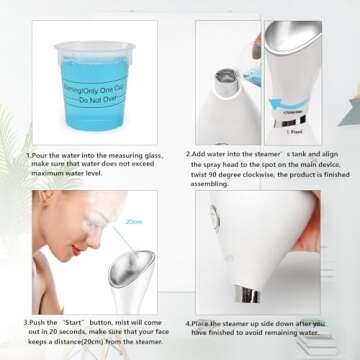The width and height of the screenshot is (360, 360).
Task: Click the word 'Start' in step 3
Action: [x=77, y=322]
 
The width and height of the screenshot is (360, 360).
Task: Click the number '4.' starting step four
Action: [x=189, y=322]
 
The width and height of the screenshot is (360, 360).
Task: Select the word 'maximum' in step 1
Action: [x=49, y=175]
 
